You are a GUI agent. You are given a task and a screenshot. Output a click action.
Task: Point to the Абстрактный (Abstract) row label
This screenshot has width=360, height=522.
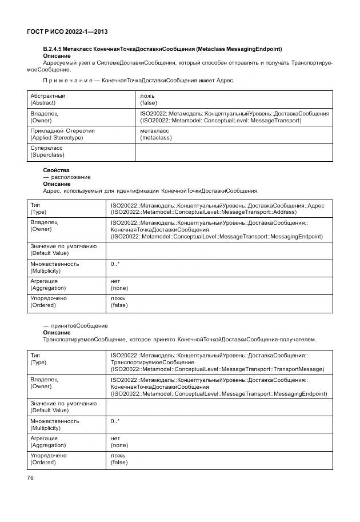coord(47,99)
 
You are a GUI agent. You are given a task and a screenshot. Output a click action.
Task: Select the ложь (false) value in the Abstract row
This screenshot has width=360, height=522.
coord(148,99)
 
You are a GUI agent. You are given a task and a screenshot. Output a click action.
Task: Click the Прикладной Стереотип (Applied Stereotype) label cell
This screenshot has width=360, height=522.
coord(62,134)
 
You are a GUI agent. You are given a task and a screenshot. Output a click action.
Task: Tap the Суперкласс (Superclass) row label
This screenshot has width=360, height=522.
coord(47,152)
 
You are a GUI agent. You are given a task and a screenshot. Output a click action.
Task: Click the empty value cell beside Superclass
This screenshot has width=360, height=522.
coord(233,152)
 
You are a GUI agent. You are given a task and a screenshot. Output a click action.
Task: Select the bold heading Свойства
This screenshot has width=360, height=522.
coord(56,170)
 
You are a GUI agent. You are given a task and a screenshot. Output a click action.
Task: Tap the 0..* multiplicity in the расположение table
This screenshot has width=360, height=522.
coord(115,264)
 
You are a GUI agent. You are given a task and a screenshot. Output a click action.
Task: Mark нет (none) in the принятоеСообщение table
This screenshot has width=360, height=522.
coord(119,441)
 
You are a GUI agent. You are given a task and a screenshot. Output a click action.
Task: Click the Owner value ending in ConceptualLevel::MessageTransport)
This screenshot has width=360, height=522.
coord(234,117)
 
